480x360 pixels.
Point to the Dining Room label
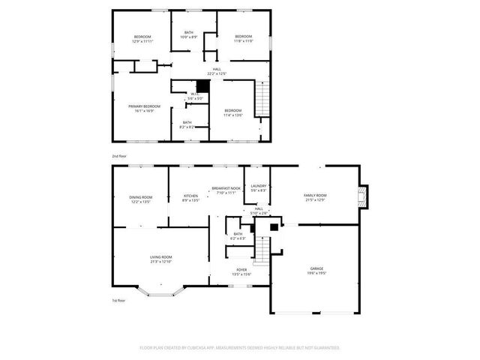click(142, 199)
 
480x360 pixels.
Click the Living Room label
click(161, 259)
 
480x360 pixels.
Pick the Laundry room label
click(259, 187)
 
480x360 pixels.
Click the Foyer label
click(241, 271)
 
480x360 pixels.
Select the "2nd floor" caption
click(119, 155)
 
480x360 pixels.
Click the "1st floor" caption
click(118, 300)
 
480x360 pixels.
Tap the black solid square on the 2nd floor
click(202, 85)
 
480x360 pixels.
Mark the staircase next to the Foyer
click(262, 249)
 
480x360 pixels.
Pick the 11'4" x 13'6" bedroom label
click(233, 113)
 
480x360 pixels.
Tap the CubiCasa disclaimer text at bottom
click(240, 348)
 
